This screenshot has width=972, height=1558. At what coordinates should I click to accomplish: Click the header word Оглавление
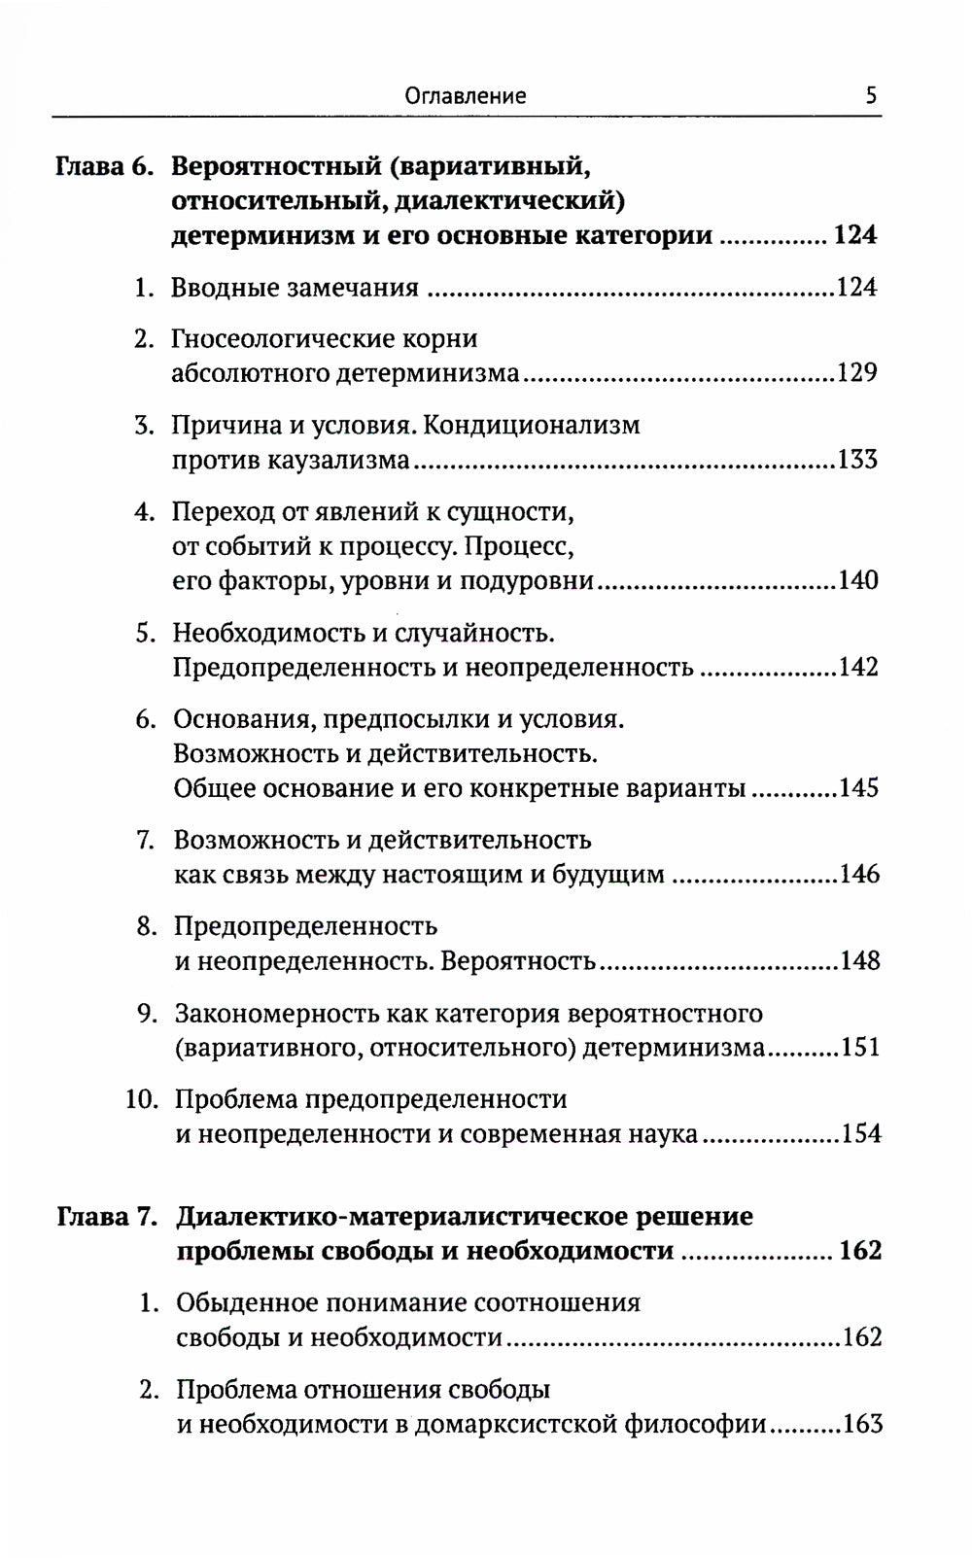(465, 95)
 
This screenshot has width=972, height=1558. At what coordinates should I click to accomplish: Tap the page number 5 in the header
(870, 95)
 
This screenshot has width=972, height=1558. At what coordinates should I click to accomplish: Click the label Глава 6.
(104, 166)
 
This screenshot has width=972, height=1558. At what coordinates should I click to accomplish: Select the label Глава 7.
(107, 1217)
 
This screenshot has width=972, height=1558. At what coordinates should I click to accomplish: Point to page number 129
(856, 373)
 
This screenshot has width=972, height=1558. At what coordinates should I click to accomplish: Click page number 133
(856, 460)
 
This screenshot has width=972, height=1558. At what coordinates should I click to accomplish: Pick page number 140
(857, 580)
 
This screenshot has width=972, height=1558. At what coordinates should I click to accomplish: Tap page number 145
(858, 787)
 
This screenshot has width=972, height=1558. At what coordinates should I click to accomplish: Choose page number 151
(859, 1048)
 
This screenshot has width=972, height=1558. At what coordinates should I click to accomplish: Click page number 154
(860, 1134)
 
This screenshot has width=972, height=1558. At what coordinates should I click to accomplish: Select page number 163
(862, 1424)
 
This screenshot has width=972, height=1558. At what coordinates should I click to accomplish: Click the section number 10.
(141, 1099)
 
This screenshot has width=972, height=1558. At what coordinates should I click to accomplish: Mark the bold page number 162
(860, 1251)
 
